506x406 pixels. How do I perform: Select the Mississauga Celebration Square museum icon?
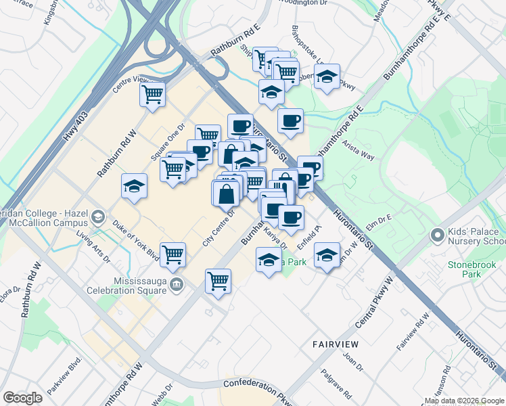coord(177,284)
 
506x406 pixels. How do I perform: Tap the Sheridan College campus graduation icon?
coord(99,217)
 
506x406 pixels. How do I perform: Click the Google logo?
coord(22,398)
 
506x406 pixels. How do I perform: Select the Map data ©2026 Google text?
coord(464,401)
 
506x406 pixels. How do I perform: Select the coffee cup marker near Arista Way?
coord(290,120)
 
